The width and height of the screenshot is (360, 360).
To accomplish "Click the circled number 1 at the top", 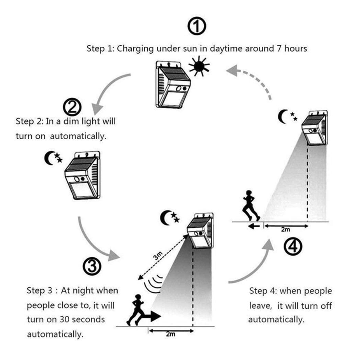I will tap(197, 27).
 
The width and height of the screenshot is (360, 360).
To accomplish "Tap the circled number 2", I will tap(72, 107).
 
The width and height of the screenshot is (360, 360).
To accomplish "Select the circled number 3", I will tap(92, 265).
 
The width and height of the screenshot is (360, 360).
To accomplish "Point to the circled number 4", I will tap(293, 246).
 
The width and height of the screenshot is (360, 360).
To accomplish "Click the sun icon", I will tap(199, 66).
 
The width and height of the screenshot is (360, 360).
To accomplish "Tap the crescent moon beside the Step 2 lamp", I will tap(49, 158).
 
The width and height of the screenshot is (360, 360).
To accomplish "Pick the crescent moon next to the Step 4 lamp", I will tap(283, 117).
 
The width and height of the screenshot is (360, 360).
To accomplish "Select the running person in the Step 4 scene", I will tap(250, 205).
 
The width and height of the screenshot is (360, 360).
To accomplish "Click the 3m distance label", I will tap(158, 256).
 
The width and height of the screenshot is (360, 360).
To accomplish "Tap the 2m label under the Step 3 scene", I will tap(170, 334).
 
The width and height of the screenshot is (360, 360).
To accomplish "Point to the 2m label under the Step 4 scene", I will tap(285, 230).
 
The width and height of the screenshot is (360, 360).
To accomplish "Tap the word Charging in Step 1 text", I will tap(135, 48).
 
